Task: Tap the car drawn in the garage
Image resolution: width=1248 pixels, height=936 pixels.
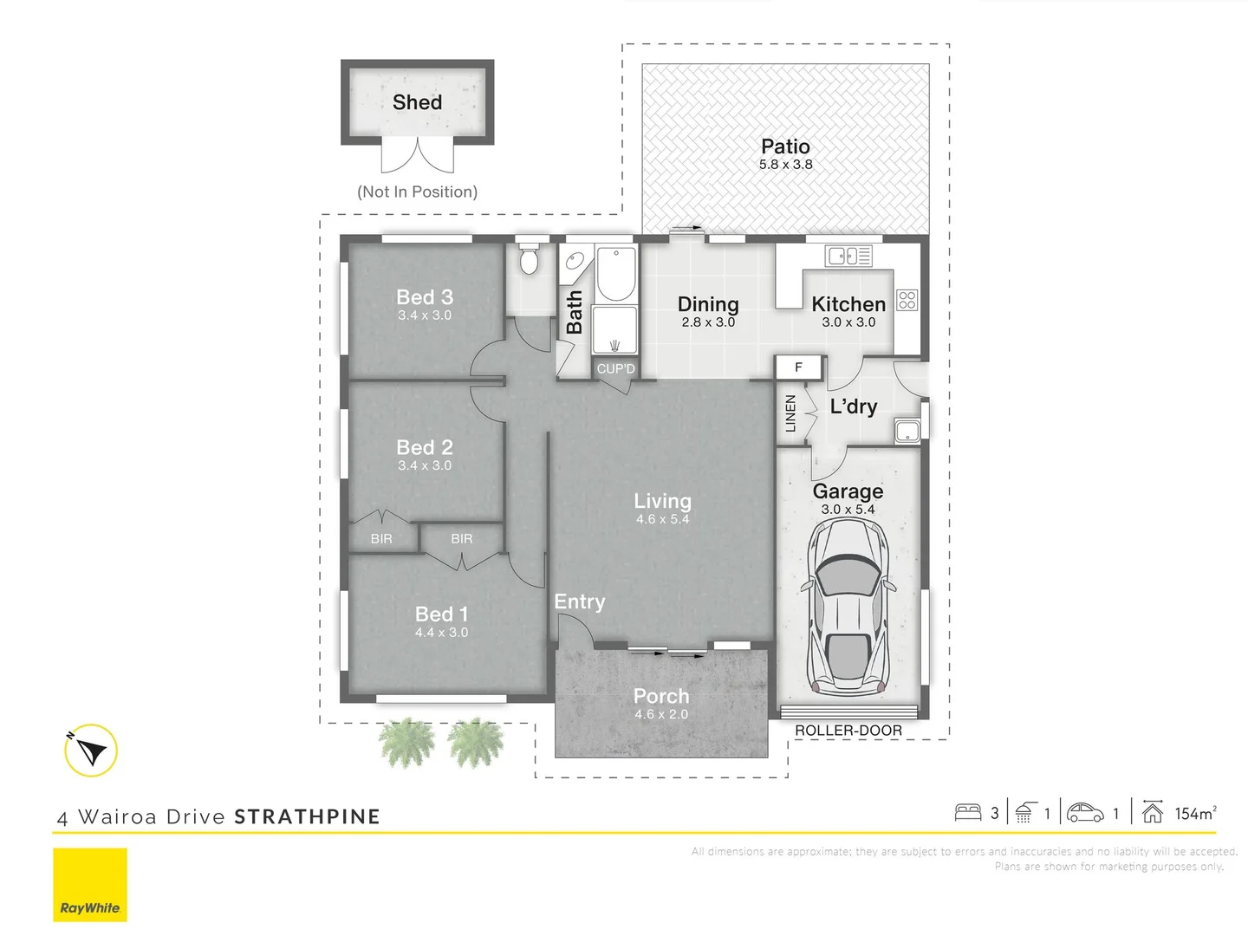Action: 848,607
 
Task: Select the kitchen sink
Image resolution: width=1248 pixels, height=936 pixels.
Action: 848,256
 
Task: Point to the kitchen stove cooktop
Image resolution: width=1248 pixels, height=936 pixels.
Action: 907,300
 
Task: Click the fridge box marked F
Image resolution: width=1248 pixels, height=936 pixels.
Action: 799,367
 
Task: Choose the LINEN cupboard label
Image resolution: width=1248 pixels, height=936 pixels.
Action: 790,413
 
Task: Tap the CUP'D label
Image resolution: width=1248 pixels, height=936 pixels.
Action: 615,369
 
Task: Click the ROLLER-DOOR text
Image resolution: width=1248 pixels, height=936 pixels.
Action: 848,731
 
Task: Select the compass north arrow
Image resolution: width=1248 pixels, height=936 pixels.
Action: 91,751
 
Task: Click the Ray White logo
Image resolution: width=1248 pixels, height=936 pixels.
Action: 90,885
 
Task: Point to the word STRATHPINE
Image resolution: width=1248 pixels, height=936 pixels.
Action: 307,816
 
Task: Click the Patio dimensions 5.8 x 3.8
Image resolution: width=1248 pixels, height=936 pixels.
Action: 786,165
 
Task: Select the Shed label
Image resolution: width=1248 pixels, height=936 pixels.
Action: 418,102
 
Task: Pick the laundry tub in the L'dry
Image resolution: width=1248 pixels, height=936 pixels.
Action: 907,431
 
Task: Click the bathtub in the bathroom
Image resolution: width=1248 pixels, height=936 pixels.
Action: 616,274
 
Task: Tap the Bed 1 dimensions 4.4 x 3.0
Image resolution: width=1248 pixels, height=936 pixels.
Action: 442,633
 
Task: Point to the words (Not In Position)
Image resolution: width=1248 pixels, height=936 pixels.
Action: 418,192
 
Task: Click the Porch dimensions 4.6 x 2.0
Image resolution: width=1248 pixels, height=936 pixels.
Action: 661,714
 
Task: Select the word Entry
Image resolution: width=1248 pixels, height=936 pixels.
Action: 580,601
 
